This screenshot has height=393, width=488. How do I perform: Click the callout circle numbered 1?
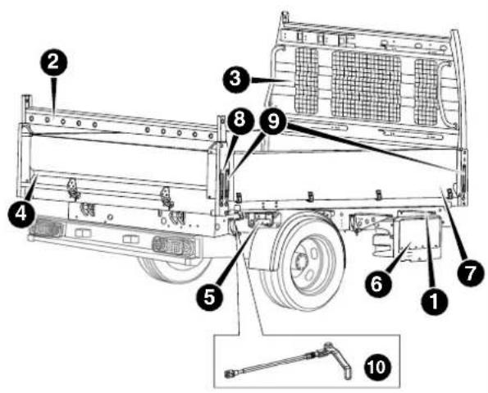tap(434, 301)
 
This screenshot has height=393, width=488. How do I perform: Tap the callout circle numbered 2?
tap(53, 62)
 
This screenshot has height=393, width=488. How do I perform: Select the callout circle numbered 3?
tap(236, 79)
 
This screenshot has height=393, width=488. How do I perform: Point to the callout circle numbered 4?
tap(21, 214)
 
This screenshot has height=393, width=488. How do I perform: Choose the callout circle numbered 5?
tap(209, 297)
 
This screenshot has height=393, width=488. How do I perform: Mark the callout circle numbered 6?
tap(377, 284)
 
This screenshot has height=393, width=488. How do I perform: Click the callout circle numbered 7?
tap(470, 272)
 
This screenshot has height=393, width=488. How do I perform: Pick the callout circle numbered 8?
tap(239, 121)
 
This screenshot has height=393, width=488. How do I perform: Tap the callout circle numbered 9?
tap(274, 121)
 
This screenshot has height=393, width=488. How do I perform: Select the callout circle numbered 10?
tap(376, 367)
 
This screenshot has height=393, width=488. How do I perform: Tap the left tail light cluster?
tap(47, 226)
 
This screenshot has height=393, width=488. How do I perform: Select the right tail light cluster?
tap(174, 246)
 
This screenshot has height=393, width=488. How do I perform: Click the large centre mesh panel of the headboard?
tap(366, 85)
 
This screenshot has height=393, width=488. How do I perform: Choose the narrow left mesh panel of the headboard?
tap(307, 80)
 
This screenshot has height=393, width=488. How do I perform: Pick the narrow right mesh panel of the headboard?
tap(426, 92)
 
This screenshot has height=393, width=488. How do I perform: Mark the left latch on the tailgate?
tap(74, 189)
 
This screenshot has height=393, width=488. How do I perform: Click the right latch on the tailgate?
tap(167, 198)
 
